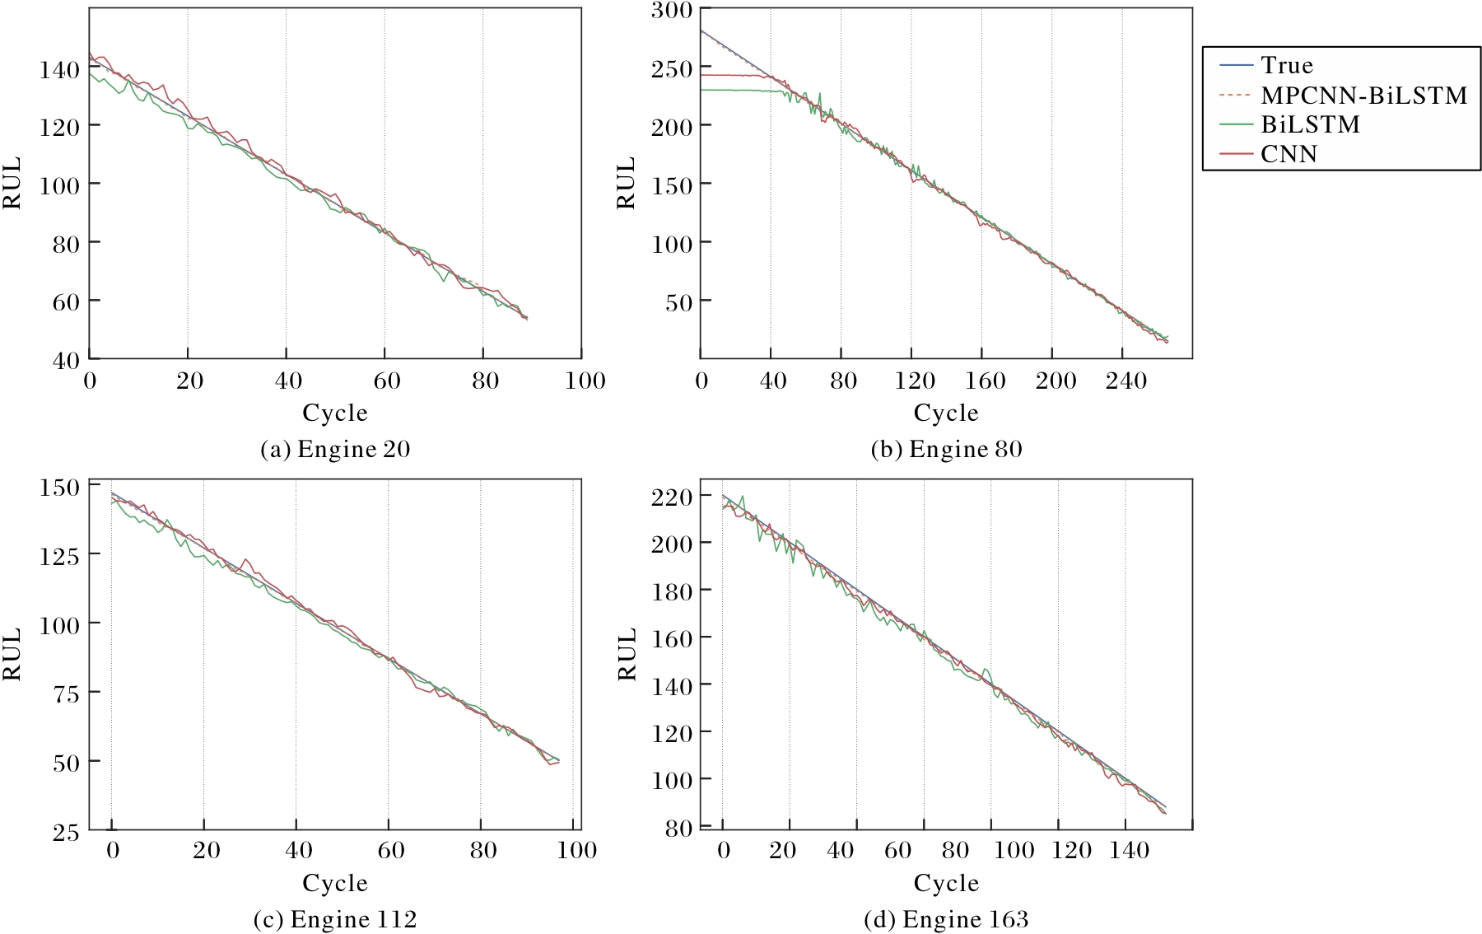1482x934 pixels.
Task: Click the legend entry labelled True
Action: (1286, 65)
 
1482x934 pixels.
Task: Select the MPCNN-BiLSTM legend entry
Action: (1363, 96)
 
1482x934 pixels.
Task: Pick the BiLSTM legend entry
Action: (1310, 124)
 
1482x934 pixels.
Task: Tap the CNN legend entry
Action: (1289, 154)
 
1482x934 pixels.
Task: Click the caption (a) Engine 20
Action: (335, 449)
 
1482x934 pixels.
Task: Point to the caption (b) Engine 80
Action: (946, 449)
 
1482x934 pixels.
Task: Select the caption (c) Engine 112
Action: (335, 919)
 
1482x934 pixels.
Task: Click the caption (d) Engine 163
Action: (946, 919)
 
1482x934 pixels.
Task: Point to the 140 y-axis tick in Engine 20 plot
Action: (59, 69)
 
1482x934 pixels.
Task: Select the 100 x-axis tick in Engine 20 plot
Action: (585, 381)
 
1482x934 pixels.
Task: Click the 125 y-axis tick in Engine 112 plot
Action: (59, 556)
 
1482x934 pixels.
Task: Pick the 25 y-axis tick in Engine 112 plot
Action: (66, 832)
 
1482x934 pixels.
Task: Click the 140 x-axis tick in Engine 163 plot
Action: (1128, 850)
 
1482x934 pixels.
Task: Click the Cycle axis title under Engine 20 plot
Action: (335, 413)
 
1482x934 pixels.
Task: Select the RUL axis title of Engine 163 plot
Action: (627, 654)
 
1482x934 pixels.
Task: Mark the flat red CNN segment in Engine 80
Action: (733, 75)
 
